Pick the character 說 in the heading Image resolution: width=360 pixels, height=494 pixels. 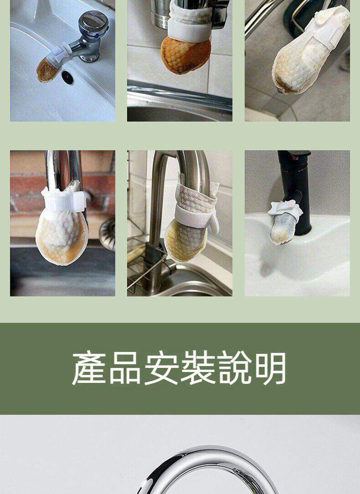pos(234,368)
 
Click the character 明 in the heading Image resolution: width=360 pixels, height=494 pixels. pos(270,368)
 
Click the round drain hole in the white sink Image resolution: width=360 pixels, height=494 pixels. pos(67,77)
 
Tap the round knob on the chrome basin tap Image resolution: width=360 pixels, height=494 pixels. pos(93,21)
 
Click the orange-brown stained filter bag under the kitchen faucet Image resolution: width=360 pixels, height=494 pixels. pos(185,56)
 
